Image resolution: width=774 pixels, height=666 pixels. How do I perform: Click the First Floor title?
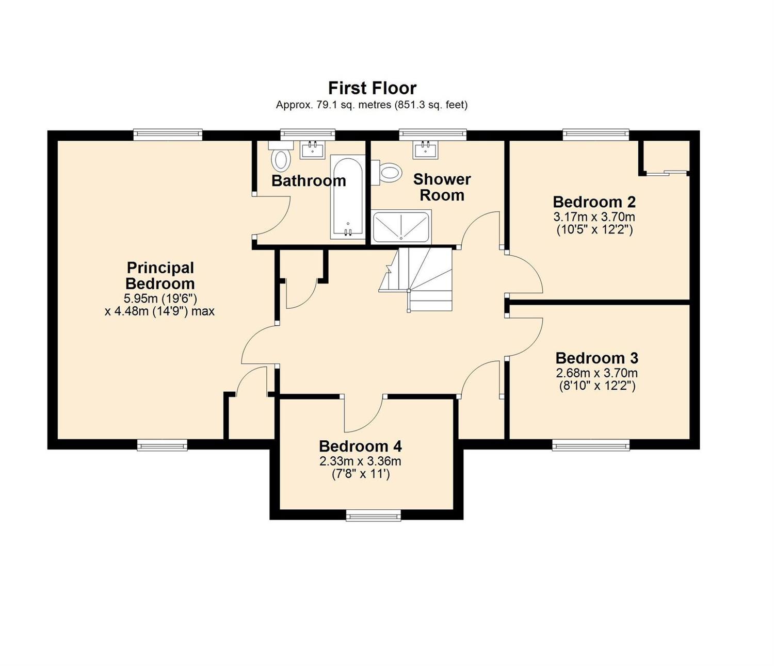(372, 88)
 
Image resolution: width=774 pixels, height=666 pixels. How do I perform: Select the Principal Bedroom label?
(160, 275)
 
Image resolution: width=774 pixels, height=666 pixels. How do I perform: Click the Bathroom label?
(309, 181)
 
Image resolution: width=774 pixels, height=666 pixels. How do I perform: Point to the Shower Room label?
(442, 187)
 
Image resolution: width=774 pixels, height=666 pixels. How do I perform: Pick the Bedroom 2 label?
(594, 202)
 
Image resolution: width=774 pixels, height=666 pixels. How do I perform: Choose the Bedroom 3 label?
(596, 358)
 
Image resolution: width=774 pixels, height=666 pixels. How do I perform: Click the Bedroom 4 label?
(360, 446)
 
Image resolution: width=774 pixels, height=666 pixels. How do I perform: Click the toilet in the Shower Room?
(386, 173)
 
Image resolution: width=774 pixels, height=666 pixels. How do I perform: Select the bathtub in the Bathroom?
(347, 197)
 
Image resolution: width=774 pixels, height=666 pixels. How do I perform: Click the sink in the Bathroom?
(312, 150)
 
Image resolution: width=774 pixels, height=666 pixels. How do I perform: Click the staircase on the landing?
(416, 279)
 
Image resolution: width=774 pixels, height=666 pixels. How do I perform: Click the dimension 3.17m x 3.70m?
(594, 217)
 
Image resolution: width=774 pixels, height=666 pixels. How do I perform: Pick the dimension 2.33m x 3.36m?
(360, 461)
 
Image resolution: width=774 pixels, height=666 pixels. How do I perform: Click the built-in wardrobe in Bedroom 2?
(666, 158)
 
